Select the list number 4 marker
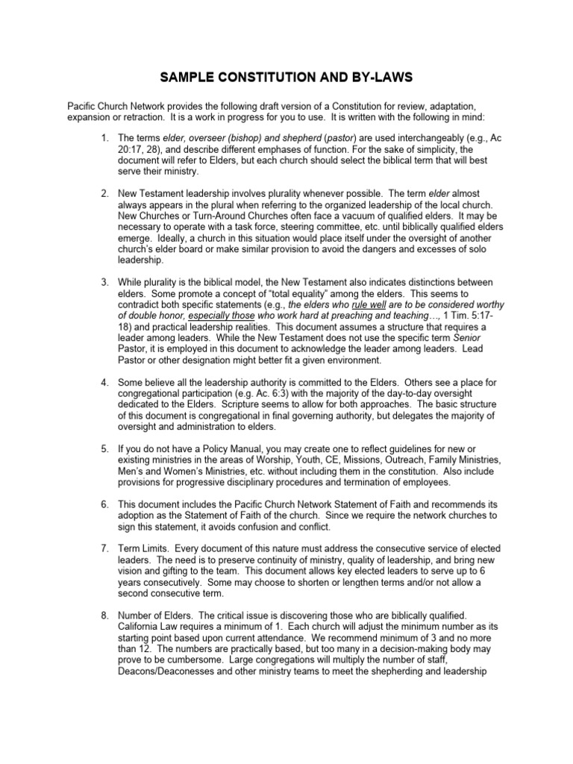(x=104, y=383)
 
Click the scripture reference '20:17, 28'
(x=143, y=148)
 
